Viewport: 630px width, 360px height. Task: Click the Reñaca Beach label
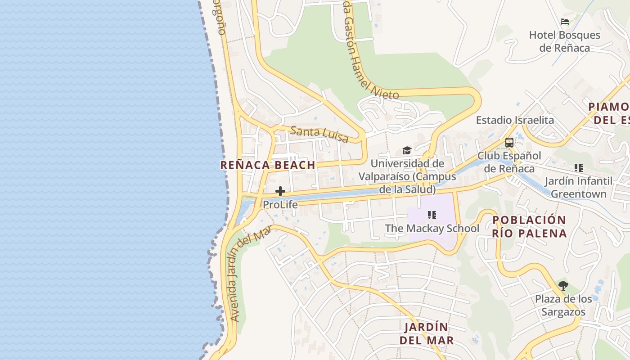point(268,165)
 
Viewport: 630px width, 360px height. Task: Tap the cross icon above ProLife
point(280,191)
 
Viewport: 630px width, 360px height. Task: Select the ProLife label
point(280,205)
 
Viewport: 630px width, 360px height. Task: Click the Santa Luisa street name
point(319,134)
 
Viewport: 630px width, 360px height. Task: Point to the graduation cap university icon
point(407,151)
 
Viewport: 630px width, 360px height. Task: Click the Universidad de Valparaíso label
point(407,176)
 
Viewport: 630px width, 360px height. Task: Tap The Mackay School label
point(432,229)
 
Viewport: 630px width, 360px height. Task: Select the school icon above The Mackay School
point(432,215)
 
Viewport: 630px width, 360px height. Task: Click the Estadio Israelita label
point(515,120)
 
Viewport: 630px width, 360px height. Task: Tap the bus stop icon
point(509,143)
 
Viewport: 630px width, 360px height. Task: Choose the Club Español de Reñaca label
point(509,162)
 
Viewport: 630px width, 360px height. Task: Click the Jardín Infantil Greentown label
point(578,188)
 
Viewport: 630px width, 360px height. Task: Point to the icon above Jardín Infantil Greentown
point(579,168)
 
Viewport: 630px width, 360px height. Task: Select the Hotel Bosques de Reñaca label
point(564,41)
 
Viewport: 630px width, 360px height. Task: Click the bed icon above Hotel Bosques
point(565,22)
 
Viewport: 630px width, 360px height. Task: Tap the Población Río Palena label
point(529,227)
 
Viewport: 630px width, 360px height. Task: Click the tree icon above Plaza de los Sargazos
point(563,285)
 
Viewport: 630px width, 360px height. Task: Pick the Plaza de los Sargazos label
point(563,306)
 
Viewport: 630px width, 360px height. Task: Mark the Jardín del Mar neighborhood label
point(426,334)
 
